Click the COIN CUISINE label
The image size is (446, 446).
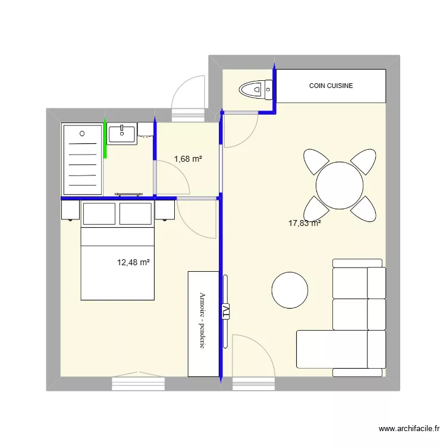click(331, 86)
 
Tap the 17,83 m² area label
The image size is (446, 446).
click(304, 223)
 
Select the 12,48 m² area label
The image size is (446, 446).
click(133, 262)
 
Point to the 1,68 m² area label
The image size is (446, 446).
click(188, 159)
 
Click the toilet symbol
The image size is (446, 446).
click(256, 90)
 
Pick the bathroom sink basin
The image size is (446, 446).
click(122, 134)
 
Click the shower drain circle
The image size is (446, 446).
click(82, 133)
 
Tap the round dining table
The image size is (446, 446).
click(340, 186)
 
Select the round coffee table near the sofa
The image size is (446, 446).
click(290, 290)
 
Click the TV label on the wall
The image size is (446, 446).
click(225, 312)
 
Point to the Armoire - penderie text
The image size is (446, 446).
click(202, 321)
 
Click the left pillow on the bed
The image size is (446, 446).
click(99, 213)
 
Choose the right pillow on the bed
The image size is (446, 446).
click(136, 213)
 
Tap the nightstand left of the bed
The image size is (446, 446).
click(70, 210)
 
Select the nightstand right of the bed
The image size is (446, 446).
click(165, 210)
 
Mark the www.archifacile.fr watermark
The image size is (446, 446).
click(409, 428)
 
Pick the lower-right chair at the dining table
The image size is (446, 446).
click(364, 209)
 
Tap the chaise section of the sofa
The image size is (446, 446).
click(332, 349)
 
